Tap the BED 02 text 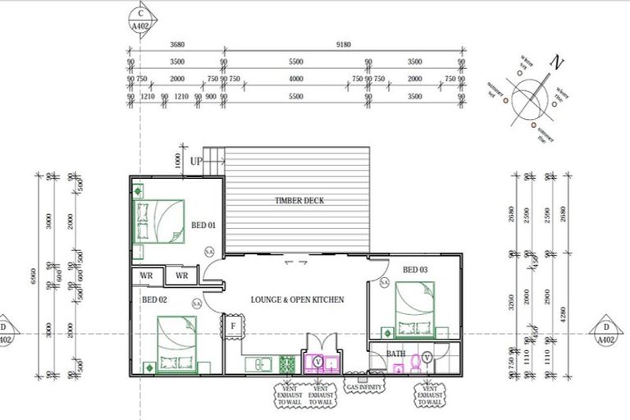tap(154, 300)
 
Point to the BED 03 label tap(415, 270)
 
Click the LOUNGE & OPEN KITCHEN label tap(297, 300)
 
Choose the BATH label tap(396, 354)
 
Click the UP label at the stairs tap(196, 162)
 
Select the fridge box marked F tap(233, 326)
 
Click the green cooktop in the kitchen tap(287, 363)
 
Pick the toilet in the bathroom tap(416, 361)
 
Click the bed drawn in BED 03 tap(414, 309)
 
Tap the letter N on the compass tap(559, 62)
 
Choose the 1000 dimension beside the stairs tap(177, 161)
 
